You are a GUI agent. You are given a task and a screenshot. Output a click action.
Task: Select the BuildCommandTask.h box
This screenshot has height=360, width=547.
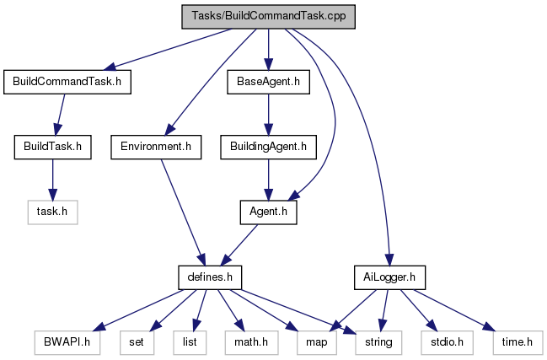pyautogui.click(x=68, y=82)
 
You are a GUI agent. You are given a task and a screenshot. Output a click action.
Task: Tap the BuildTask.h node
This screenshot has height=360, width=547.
pyautogui.click(x=53, y=147)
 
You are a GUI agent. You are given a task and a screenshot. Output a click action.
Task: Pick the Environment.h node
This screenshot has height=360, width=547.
pyautogui.click(x=156, y=147)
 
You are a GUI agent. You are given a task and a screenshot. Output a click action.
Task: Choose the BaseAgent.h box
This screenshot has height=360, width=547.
pyautogui.click(x=268, y=82)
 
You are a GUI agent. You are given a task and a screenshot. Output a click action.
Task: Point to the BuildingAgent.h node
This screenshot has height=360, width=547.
pyautogui.click(x=268, y=147)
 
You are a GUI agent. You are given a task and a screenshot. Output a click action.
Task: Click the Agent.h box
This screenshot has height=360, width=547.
pyautogui.click(x=268, y=212)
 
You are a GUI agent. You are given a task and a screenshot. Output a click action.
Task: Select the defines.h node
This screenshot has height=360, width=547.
pyautogui.click(x=210, y=276)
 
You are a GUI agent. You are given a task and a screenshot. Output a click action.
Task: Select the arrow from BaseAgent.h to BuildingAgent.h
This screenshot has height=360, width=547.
pyautogui.click(x=268, y=114)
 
